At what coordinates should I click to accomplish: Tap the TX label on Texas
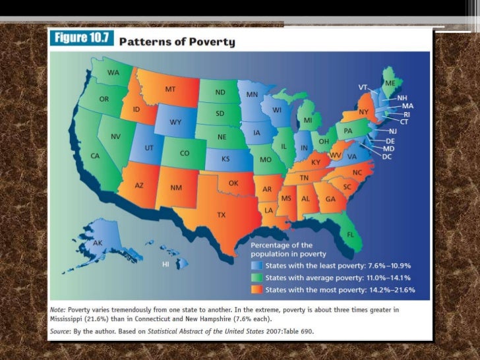pyautogui.click(x=222, y=215)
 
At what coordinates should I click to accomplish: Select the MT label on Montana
pyautogui.click(x=169, y=89)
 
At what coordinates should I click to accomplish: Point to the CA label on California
pyautogui.click(x=95, y=156)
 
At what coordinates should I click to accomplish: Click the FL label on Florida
pyautogui.click(x=350, y=234)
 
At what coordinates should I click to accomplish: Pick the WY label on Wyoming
pyautogui.click(x=175, y=122)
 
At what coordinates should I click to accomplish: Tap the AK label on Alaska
pyautogui.click(x=98, y=243)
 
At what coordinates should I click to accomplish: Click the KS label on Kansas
pyautogui.click(x=225, y=160)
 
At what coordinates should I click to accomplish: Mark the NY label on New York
pyautogui.click(x=363, y=112)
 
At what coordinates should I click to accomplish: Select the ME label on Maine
pyautogui.click(x=390, y=83)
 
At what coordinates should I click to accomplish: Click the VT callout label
pyautogui.click(x=363, y=87)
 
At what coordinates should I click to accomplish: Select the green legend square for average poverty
pyautogui.click(x=256, y=278)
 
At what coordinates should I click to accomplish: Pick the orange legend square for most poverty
pyautogui.click(x=256, y=290)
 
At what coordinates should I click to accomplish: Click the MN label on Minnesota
pyautogui.click(x=252, y=94)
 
